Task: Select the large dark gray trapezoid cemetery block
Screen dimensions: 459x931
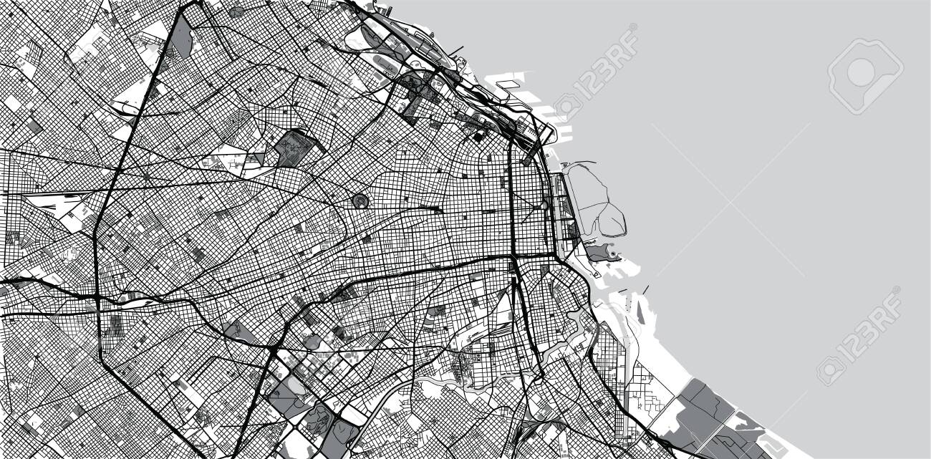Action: pyautogui.click(x=291, y=148)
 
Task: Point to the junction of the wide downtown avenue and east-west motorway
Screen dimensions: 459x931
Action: pyautogui.click(x=513, y=256)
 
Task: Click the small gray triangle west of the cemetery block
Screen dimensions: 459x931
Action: pyautogui.click(x=259, y=158)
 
